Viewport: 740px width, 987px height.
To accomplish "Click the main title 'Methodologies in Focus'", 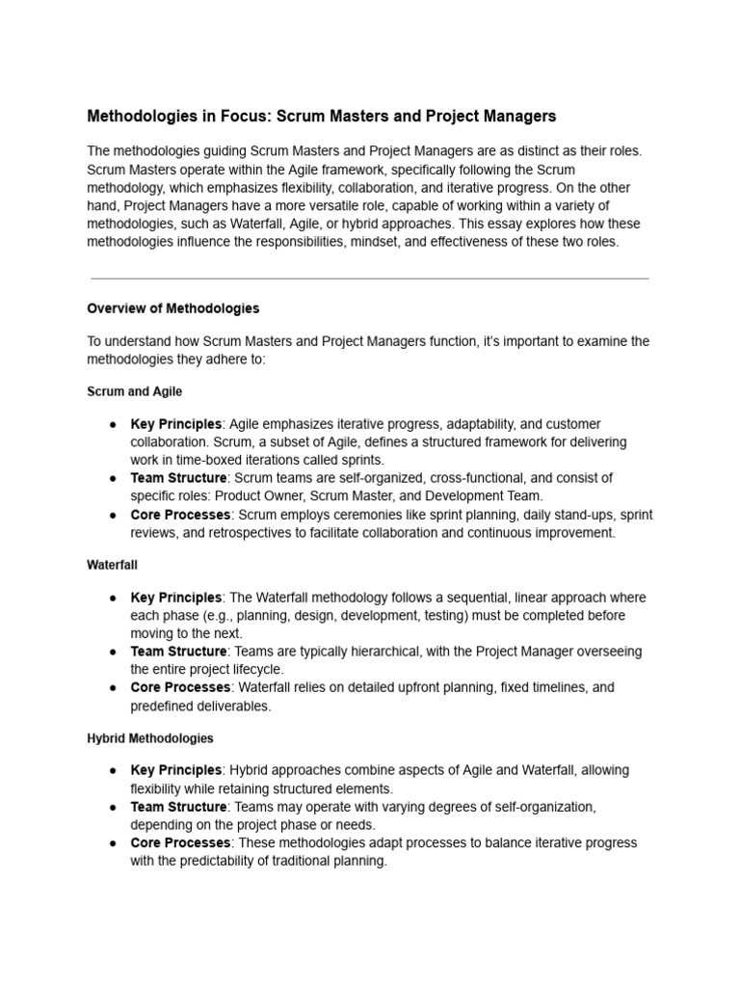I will point(322,116).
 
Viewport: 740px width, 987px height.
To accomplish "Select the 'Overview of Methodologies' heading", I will point(172,308).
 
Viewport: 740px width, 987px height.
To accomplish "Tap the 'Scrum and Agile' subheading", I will point(134,391).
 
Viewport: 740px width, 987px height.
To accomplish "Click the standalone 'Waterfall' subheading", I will point(113,565).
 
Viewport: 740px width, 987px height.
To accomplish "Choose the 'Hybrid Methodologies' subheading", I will point(150,738).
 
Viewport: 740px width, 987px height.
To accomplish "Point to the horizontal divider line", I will point(369,279).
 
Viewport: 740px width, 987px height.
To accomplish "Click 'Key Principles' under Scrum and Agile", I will point(175,424).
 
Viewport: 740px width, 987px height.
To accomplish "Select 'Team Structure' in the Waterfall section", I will point(178,652).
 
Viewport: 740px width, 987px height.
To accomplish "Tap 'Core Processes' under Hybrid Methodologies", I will point(180,842).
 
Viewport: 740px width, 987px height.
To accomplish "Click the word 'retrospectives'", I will point(245,533).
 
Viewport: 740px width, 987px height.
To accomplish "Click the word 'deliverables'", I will point(232,706).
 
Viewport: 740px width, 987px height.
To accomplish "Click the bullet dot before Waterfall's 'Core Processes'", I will point(113,688).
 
